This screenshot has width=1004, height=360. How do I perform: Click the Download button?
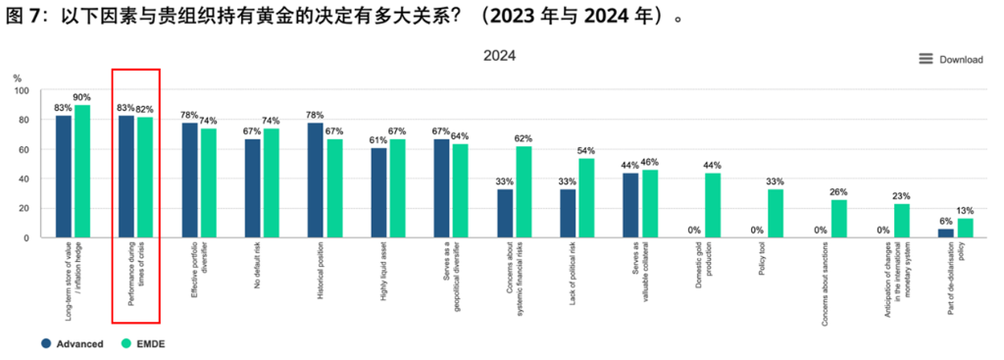click(x=950, y=60)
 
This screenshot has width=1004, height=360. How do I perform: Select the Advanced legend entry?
click(x=72, y=344)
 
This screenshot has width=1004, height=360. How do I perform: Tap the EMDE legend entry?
click(x=143, y=344)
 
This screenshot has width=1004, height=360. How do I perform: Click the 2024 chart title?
click(x=499, y=56)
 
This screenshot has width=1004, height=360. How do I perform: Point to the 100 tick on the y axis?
click(x=22, y=91)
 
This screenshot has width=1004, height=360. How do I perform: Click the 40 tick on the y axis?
click(x=25, y=179)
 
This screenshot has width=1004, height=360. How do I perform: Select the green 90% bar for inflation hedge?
click(x=82, y=171)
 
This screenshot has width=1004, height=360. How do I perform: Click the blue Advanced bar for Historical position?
click(x=315, y=180)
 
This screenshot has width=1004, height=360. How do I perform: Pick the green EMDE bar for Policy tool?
click(x=776, y=213)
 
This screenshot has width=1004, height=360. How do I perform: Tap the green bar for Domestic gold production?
click(x=713, y=205)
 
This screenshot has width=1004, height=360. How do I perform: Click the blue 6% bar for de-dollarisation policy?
click(x=946, y=233)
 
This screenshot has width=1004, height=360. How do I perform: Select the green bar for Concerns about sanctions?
click(x=839, y=219)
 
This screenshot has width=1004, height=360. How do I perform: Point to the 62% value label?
click(x=524, y=138)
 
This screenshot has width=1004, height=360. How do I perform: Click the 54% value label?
click(x=586, y=150)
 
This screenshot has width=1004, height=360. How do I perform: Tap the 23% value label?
click(x=902, y=196)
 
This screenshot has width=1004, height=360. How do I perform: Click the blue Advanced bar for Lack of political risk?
click(x=568, y=213)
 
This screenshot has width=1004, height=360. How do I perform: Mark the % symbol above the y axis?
click(x=18, y=78)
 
